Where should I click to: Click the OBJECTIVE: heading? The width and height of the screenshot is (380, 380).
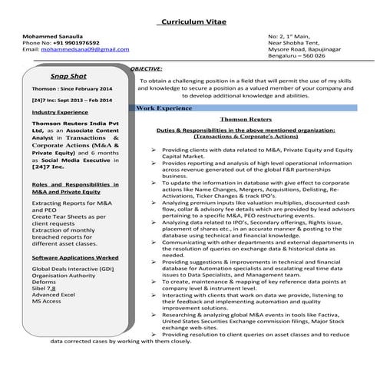pyautogui.click(x=146, y=68)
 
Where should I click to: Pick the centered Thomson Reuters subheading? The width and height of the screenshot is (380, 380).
pyautogui.click(x=241, y=120)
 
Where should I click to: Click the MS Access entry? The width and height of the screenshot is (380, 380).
pyautogui.click(x=47, y=302)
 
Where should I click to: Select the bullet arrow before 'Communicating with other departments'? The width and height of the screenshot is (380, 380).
pyautogui.click(x=155, y=241)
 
